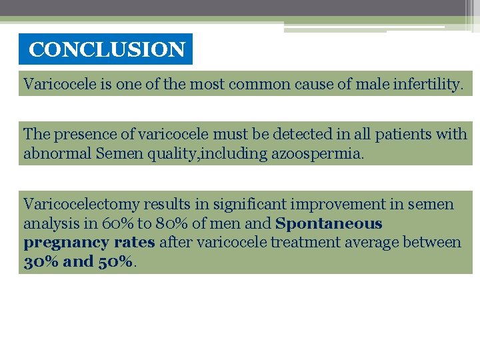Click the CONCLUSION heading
pos(107,50)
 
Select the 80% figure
pos(171,223)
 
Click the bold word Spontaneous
pos(329,223)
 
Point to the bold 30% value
pos(39,261)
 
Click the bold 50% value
pos(115,261)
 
